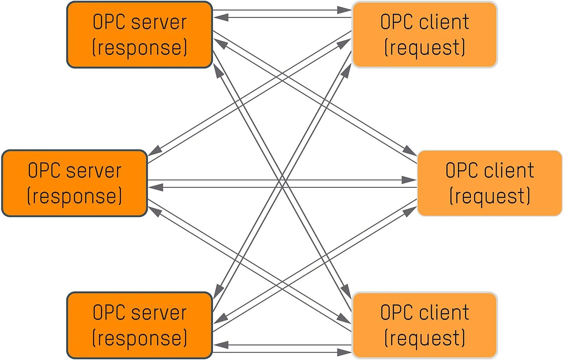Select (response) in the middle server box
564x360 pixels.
[x=75, y=196]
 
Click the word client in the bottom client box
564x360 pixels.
[x=444, y=312]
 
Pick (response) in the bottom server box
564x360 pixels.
[x=140, y=338]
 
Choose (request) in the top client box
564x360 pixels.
[x=424, y=48]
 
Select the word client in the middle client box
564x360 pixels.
[x=509, y=171]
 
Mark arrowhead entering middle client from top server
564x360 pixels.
[x=410, y=151]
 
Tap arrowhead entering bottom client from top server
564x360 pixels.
[x=347, y=292]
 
